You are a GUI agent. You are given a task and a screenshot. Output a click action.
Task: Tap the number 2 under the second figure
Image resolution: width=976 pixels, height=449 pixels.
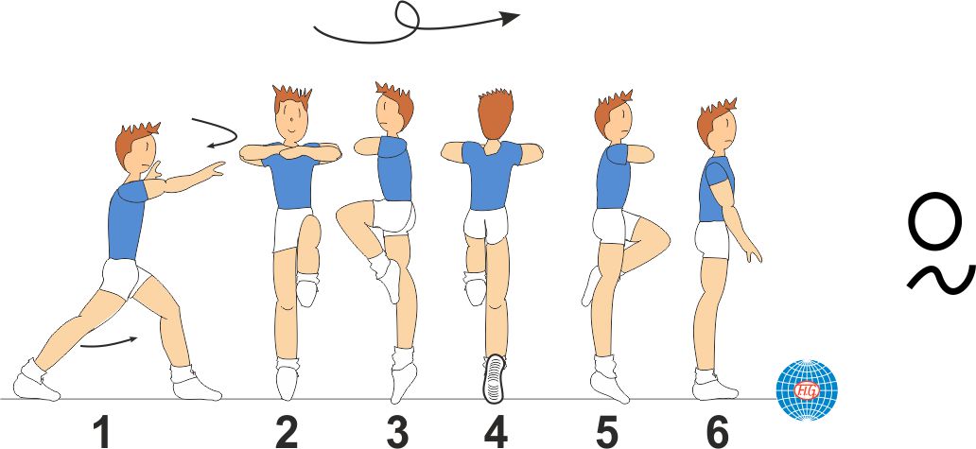point(287,432)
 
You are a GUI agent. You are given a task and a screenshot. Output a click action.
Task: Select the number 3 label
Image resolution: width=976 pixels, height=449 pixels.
point(398,432)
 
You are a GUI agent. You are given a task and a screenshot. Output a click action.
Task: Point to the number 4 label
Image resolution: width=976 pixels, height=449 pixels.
point(496,432)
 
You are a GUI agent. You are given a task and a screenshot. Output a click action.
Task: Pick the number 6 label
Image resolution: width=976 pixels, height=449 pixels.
point(718,432)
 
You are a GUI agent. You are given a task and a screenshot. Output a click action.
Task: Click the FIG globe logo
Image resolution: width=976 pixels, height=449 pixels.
point(807,389)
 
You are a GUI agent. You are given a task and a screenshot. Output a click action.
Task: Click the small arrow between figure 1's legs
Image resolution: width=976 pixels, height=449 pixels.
point(109,342)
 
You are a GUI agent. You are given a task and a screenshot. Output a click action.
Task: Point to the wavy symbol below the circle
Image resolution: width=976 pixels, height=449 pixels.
point(940,279)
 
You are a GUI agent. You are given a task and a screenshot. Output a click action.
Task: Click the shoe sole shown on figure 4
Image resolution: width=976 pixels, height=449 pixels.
point(495,377)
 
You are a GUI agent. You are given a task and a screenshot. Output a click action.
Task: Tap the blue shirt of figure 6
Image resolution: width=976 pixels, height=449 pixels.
point(716,190)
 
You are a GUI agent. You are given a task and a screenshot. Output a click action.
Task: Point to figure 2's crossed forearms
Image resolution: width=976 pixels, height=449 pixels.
point(291,152)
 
